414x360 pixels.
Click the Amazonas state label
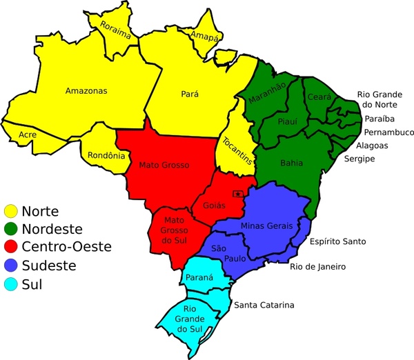pos(86,91)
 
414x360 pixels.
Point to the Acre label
pos(28,134)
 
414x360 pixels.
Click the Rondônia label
pos(107,156)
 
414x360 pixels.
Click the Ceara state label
pos(319,97)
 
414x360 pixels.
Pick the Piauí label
pos(287,121)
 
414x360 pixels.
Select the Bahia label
pos(291,163)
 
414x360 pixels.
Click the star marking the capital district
pos(237,194)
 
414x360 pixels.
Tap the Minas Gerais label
pos(267,226)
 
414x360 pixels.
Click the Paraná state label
pos(199,278)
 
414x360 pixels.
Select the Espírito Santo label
pos(337,241)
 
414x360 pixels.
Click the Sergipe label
pos(359,159)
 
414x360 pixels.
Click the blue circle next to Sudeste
pos(11,265)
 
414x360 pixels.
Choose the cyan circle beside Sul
pos(11,283)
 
